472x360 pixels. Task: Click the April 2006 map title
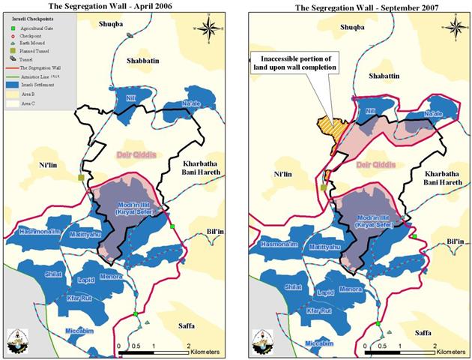click(x=118, y=7)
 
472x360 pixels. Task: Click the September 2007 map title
click(x=357, y=7)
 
